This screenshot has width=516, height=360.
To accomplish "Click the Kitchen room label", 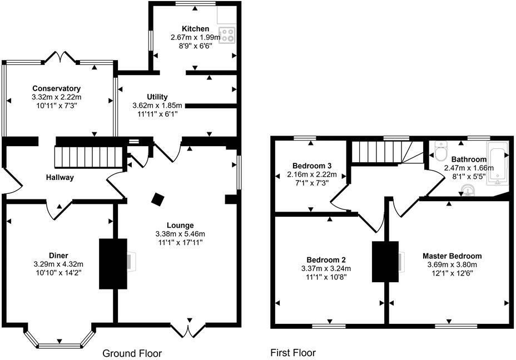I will [x=195, y=29].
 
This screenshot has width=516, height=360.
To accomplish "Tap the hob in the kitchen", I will [x=227, y=36].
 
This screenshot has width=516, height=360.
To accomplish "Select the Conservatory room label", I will [x=56, y=88].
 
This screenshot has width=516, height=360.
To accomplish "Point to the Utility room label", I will [x=157, y=97].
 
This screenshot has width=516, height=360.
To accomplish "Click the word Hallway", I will [x=60, y=177].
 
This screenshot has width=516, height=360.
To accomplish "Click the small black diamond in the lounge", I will [x=158, y=199].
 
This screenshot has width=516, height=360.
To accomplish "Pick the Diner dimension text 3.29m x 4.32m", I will [x=58, y=264].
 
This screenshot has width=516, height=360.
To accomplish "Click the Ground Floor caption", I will [x=132, y=353].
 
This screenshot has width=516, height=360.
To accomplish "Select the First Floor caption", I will [x=293, y=353].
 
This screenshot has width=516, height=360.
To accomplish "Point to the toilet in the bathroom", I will [x=440, y=151].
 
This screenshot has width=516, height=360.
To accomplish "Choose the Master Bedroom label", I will [x=451, y=256].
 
